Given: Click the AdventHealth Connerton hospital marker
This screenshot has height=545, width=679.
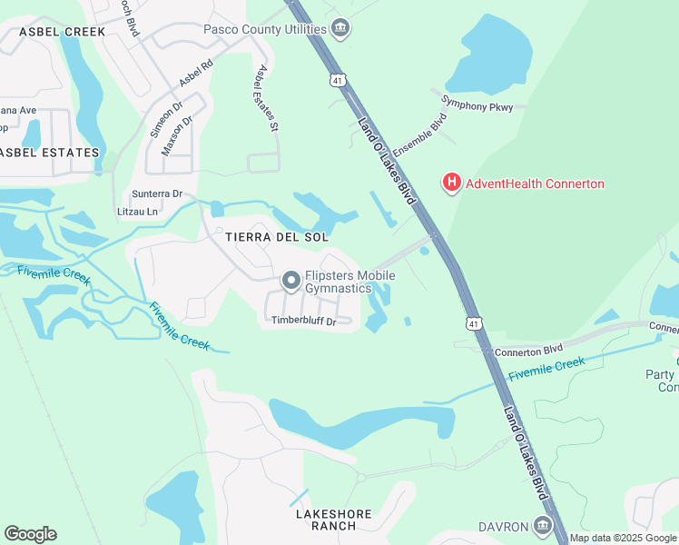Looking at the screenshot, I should [450, 183].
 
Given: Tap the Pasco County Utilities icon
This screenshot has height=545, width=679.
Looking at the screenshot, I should [340, 29].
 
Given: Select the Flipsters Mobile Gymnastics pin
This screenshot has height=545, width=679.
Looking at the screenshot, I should [291, 281].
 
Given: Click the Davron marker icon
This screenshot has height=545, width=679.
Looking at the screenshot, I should [543, 526].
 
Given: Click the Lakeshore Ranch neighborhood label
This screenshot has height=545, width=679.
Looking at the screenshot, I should [334, 520].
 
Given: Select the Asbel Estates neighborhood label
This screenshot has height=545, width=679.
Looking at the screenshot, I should [50, 153].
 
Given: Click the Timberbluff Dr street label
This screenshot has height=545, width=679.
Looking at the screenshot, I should [304, 321].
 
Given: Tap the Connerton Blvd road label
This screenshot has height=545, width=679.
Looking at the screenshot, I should [530, 350].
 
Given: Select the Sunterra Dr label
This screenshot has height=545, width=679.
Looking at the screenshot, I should [157, 193].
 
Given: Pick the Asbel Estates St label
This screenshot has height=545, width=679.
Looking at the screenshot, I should [266, 99].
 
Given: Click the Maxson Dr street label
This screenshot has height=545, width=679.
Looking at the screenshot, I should [177, 134].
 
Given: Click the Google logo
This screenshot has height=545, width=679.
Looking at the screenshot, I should [30, 534].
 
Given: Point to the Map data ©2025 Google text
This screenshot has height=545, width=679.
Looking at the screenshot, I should [624, 538].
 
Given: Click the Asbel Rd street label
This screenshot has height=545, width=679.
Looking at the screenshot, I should [195, 74].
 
